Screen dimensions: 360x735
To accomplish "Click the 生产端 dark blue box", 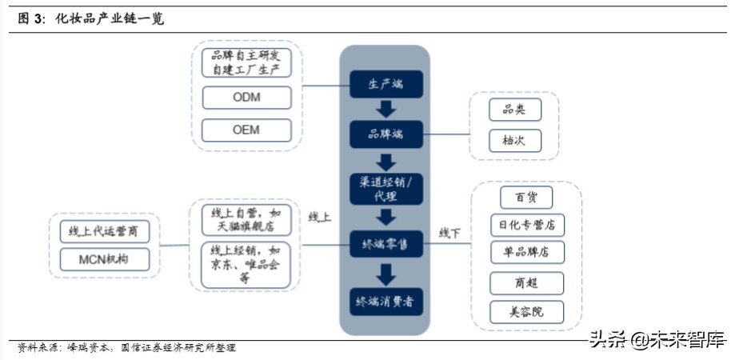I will (385, 84).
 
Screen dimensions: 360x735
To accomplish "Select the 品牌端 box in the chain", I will (385, 134).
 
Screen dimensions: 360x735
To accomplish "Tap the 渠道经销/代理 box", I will (385, 189).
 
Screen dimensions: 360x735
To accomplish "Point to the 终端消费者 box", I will (385, 302).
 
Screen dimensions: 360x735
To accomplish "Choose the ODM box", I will (246, 98).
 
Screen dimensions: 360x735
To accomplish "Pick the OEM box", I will (246, 130).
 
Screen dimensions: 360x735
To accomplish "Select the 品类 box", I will (515, 110).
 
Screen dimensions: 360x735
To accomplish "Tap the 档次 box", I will (515, 141).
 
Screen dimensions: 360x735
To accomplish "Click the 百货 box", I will (526, 197).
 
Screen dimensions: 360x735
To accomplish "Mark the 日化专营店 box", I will (526, 225).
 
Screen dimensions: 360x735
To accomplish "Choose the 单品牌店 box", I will (526, 253).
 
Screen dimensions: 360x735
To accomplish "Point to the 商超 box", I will (526, 282).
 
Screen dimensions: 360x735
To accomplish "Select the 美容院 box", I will (526, 311).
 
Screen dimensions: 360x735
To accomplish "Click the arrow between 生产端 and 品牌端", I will (385, 109).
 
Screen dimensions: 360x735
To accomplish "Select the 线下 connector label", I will (449, 233).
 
